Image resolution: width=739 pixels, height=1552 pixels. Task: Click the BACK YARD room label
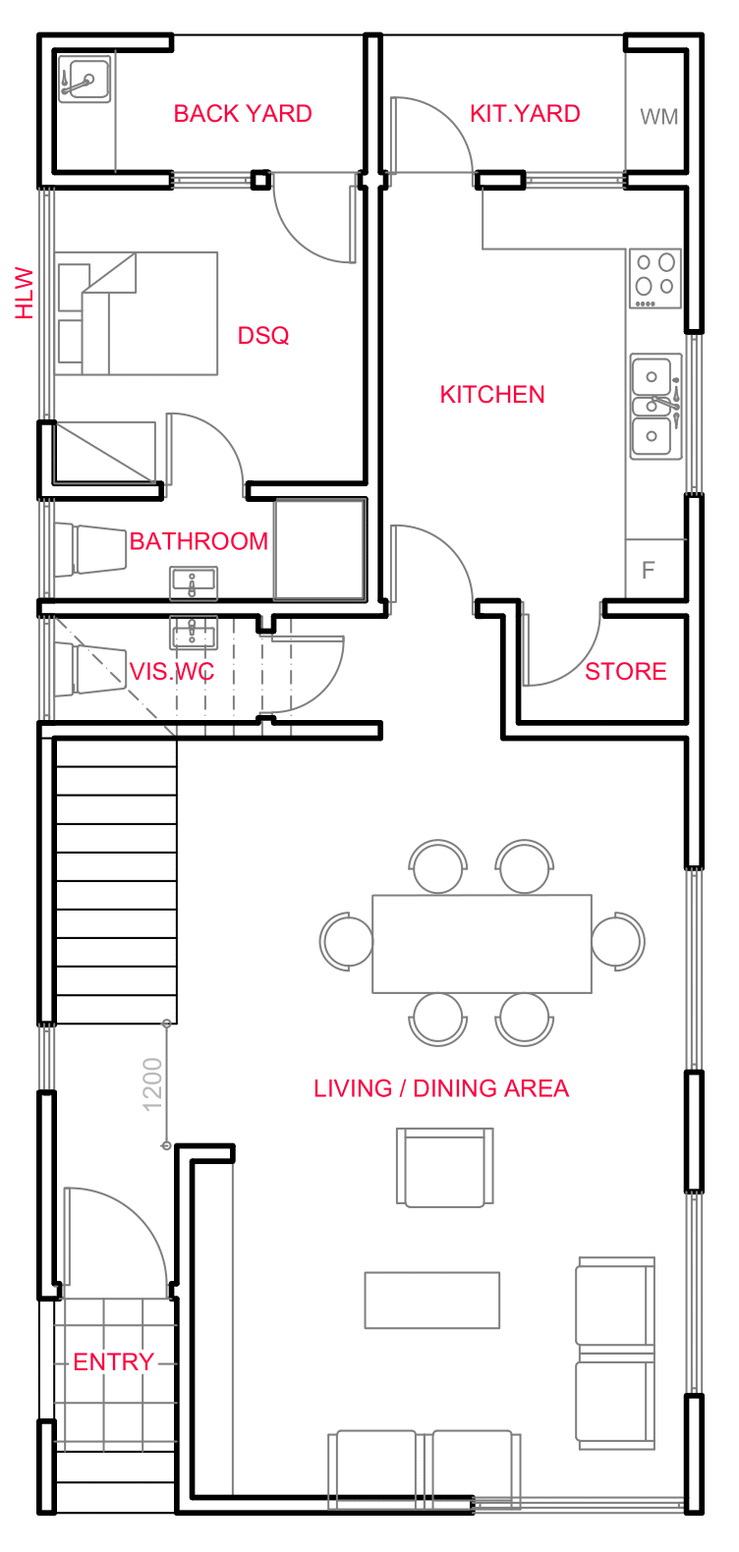(243, 114)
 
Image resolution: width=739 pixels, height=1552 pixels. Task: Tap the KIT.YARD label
(525, 114)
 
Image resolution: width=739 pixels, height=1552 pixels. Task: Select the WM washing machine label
(658, 117)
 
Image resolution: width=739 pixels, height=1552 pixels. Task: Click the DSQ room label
(263, 336)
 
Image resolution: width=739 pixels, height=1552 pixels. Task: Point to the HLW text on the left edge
(25, 293)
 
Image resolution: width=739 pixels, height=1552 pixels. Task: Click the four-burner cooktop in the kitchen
(655, 276)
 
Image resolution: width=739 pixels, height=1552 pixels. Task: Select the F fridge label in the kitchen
(649, 571)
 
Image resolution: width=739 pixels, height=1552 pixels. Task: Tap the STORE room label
(626, 672)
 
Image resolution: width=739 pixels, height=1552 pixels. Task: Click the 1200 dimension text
(152, 1084)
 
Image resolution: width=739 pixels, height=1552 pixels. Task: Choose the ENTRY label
(114, 1362)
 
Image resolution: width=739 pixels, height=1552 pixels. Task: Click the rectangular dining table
(482, 943)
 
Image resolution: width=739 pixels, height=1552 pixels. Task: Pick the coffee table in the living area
(432, 1300)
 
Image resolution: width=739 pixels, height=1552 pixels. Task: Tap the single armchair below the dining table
(444, 1167)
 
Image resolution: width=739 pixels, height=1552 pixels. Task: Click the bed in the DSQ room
(138, 313)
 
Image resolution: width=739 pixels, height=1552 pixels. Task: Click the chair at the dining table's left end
(347, 941)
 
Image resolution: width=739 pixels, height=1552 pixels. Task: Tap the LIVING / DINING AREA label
(441, 1088)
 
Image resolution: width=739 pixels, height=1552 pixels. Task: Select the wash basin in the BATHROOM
(194, 583)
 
